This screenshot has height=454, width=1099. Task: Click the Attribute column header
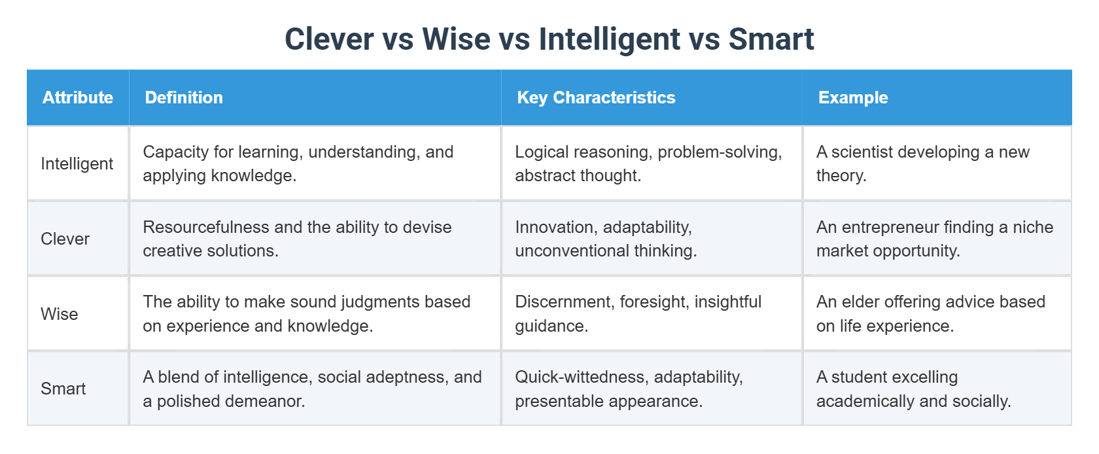pyautogui.click(x=78, y=97)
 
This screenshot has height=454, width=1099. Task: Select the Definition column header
pyautogui.click(x=184, y=97)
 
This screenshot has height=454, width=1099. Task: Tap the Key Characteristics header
pyautogui.click(x=596, y=97)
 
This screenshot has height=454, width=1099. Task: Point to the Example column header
pyautogui.click(x=853, y=97)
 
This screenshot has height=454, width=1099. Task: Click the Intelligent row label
pyautogui.click(x=77, y=164)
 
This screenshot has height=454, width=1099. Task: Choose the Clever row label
pyautogui.click(x=65, y=239)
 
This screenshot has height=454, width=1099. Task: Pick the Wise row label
pyautogui.click(x=59, y=314)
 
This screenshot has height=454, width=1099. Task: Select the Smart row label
pyautogui.click(x=63, y=389)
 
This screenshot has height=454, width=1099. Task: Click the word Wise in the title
pyautogui.click(x=456, y=39)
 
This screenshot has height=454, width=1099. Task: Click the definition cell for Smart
pyautogui.click(x=315, y=389)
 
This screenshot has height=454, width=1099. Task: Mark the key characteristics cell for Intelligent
pyautogui.click(x=651, y=164)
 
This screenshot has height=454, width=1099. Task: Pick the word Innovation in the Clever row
pyautogui.click(x=554, y=227)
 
